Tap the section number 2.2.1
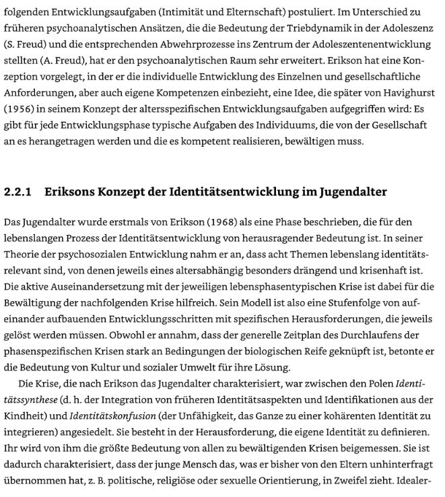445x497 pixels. coord(18,192)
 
